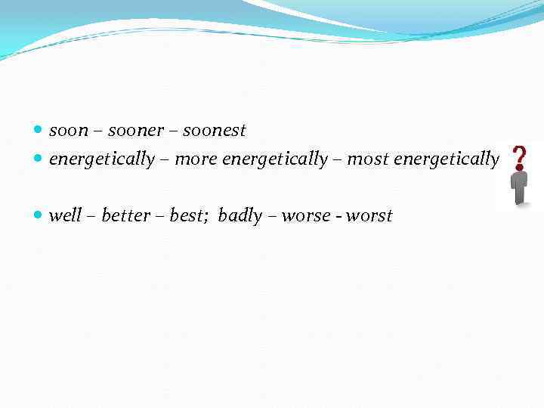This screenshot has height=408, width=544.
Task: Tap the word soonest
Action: click(x=215, y=131)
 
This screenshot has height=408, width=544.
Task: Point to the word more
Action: click(x=195, y=159)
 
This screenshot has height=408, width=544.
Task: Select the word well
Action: click(x=65, y=215)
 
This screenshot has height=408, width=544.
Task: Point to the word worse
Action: click(x=306, y=216)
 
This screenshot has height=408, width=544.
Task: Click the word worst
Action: click(x=369, y=216)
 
